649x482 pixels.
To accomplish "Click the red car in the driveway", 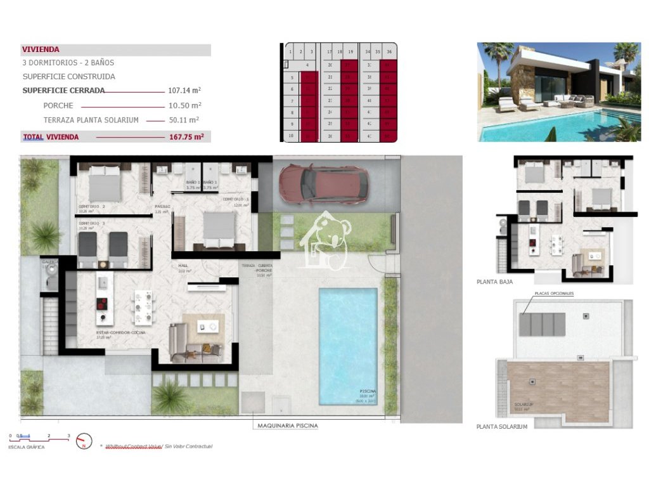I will tap(323, 185).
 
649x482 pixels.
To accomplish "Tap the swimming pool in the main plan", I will tap(348, 346).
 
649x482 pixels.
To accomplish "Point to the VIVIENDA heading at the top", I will tap(41, 49).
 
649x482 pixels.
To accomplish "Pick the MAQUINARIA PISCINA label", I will tap(288, 426).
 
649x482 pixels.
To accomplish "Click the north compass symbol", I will tap(84, 441).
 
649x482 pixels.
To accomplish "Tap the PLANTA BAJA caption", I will tap(494, 282).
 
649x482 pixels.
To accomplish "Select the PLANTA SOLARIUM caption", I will tap(501, 427).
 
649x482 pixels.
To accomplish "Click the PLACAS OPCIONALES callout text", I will tap(554, 294).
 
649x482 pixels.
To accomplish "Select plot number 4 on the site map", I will tap(307, 65).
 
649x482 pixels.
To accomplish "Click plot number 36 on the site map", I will tap(389, 52).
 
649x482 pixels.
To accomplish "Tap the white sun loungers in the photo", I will tap(517, 105).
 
